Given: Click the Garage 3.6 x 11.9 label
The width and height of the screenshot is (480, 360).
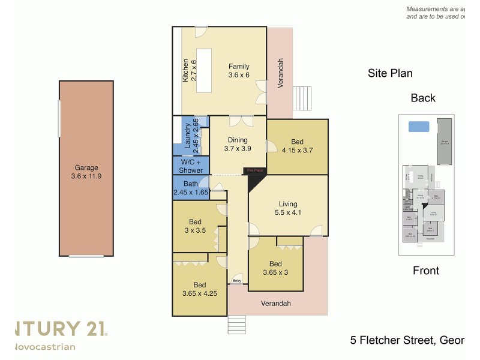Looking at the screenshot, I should [x=86, y=172].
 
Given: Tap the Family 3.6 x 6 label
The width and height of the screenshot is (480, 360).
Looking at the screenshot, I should [x=238, y=71].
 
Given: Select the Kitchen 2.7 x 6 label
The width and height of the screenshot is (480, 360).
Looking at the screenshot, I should [x=190, y=70].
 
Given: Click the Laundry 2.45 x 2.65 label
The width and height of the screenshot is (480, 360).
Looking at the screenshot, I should [x=191, y=136].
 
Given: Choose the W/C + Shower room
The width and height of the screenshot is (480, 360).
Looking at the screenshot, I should [x=191, y=166].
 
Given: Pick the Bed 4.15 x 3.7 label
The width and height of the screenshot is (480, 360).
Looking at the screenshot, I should [x=297, y=146].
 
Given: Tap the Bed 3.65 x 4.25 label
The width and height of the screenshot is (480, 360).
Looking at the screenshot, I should [x=199, y=289].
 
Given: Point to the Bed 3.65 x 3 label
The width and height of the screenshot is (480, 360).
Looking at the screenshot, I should [x=275, y=268].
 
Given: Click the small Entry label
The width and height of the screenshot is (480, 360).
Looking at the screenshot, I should [x=237, y=281].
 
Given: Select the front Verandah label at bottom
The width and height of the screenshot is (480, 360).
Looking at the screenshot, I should [x=275, y=304].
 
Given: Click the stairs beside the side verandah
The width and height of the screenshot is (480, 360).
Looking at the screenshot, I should [x=303, y=98].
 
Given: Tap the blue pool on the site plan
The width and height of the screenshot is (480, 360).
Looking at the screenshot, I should [x=418, y=127].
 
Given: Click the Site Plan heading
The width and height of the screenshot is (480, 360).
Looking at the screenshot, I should [x=390, y=74].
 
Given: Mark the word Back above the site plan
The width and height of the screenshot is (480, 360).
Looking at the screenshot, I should [x=423, y=98].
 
